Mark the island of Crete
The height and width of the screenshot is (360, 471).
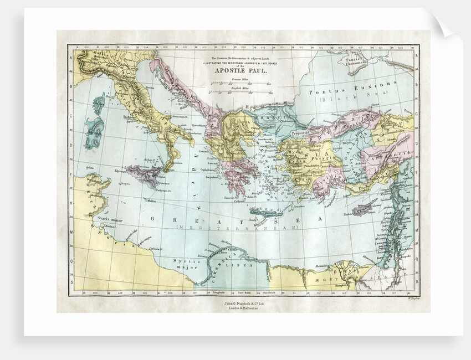tap(266, 211)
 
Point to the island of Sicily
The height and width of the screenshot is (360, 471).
tap(146, 176)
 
